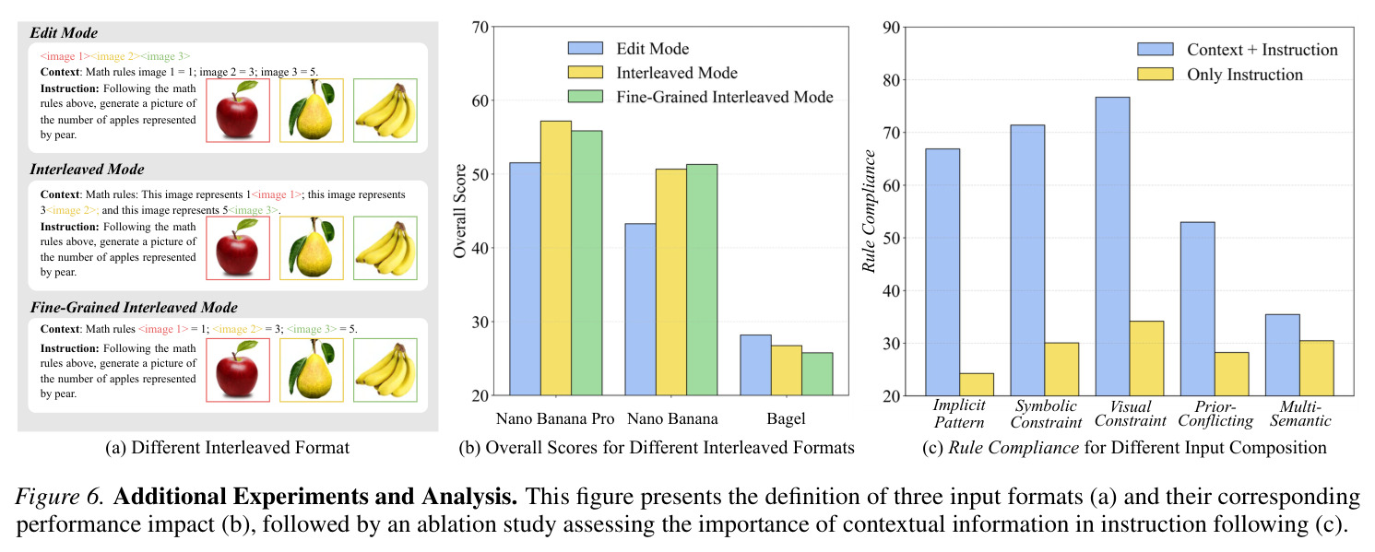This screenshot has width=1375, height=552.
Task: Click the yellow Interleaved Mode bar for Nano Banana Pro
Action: click(555, 258)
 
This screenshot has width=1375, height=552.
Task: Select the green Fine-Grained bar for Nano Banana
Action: click(702, 279)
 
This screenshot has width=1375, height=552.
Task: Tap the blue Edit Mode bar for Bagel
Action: click(755, 365)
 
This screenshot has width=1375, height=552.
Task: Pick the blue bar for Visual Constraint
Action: click(1112, 246)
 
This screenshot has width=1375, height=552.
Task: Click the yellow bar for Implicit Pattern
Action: click(977, 384)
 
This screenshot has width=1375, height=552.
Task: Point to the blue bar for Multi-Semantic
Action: click(1282, 355)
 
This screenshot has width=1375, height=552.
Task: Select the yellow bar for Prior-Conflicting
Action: click(1231, 374)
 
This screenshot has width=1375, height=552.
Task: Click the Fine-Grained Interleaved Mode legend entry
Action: click(700, 97)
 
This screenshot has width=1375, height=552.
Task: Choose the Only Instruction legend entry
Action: click(1220, 75)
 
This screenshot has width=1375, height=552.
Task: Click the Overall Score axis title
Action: click(459, 211)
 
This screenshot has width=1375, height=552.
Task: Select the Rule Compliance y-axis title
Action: click(869, 211)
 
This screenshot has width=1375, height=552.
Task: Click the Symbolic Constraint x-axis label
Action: click(1046, 414)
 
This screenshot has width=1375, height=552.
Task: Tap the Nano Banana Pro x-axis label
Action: click(555, 419)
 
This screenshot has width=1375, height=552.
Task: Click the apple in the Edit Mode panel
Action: click(238, 110)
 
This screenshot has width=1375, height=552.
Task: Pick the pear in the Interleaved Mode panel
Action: click(311, 248)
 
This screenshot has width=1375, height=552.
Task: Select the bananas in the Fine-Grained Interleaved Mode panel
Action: click(385, 370)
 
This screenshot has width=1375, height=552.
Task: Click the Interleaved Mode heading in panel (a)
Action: click(88, 170)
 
